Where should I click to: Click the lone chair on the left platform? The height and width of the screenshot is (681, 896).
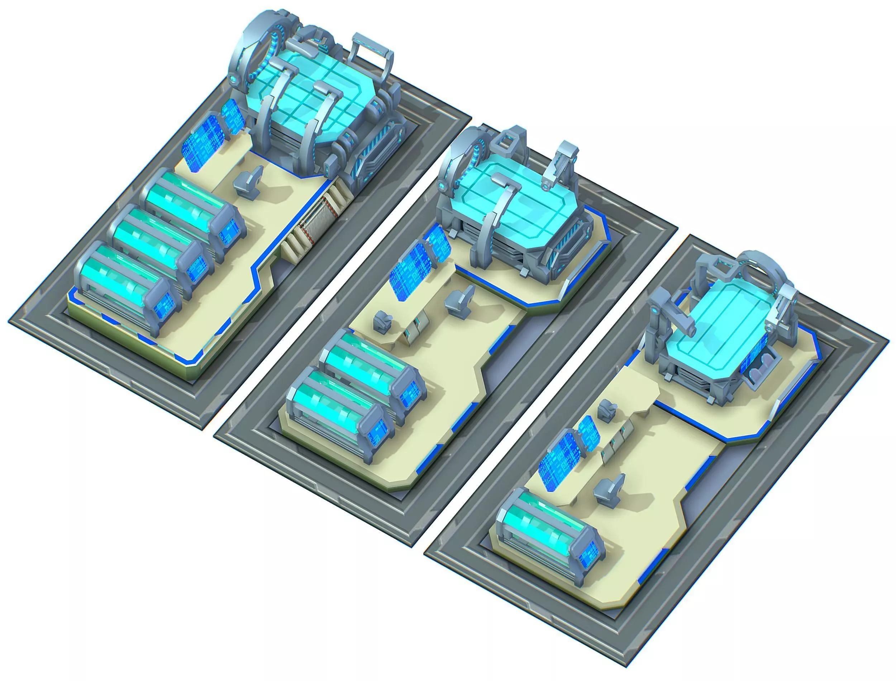click(x=248, y=183)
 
